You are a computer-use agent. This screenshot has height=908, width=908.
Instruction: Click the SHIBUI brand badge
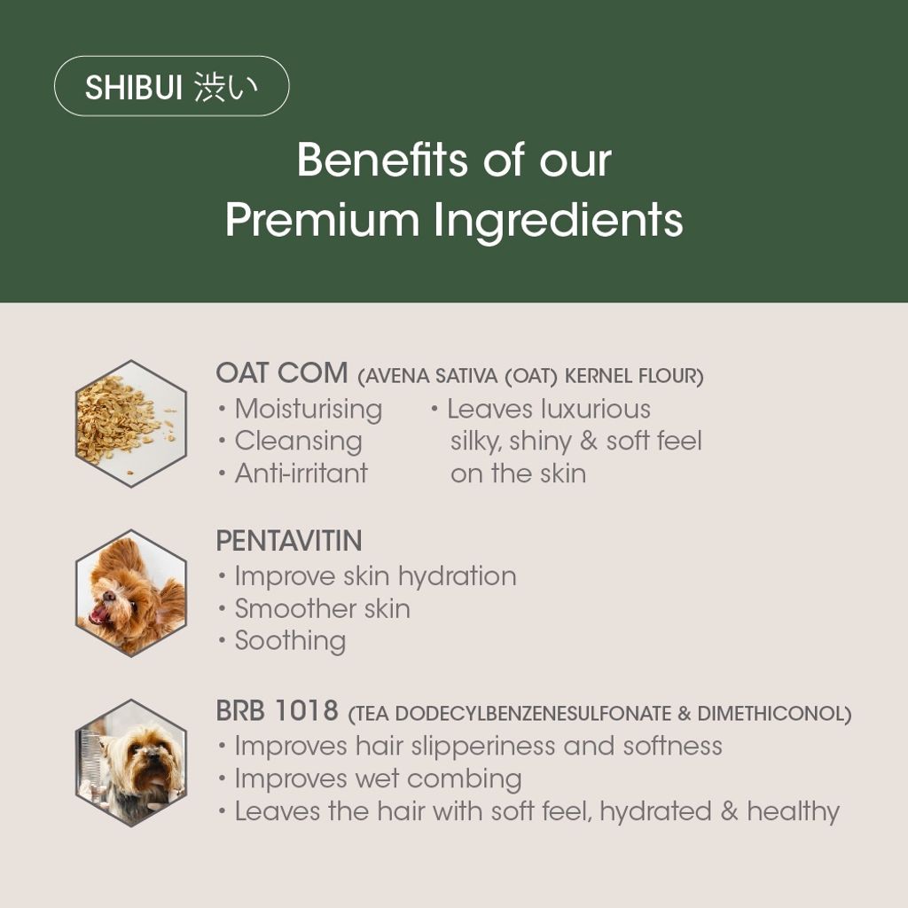171,86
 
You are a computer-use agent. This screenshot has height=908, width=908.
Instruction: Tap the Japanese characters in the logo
225,88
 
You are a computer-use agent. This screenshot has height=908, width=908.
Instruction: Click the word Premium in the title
322,221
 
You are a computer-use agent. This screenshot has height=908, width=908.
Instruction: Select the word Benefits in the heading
382,159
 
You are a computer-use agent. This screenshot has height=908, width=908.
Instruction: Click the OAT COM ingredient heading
281,372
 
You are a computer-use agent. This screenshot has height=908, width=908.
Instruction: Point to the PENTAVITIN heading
289,541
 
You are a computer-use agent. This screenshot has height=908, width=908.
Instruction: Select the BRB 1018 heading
277,710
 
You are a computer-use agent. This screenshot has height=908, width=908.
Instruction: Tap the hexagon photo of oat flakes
131,423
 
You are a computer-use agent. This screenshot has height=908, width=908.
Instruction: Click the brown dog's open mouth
100,614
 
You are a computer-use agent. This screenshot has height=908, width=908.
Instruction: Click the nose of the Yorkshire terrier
152,753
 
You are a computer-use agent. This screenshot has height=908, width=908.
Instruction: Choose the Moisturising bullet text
308,410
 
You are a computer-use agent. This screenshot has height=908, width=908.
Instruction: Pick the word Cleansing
298,442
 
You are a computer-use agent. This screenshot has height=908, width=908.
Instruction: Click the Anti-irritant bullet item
301,474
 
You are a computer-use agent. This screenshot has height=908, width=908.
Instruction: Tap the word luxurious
596,409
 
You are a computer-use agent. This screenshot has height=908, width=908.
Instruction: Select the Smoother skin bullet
322,608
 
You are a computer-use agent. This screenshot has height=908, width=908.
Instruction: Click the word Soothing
290,642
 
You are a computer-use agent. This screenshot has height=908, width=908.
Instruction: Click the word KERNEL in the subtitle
598,376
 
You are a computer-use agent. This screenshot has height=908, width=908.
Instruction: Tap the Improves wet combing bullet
378,779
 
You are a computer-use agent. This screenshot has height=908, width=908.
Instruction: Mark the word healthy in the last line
794,812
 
